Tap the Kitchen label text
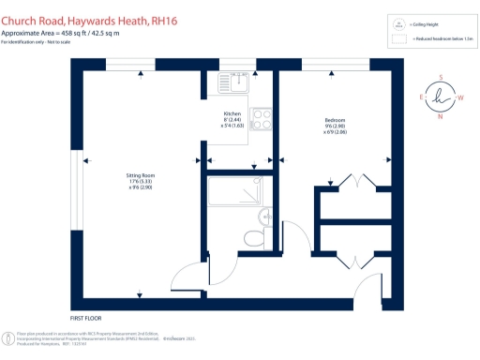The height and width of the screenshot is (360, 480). point(232,113)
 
